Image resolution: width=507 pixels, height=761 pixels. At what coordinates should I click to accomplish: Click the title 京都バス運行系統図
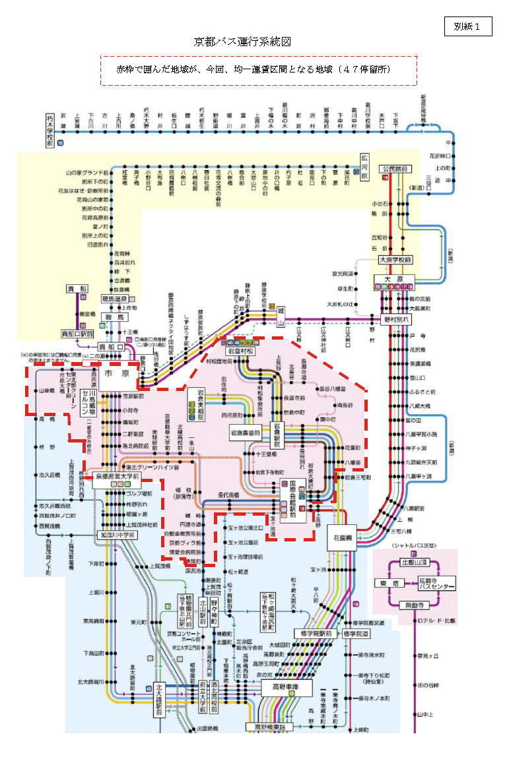click(x=242, y=42)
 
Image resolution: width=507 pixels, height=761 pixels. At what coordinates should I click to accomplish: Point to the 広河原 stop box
click(x=364, y=167)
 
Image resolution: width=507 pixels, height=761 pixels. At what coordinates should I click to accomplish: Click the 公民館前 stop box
click(x=395, y=169)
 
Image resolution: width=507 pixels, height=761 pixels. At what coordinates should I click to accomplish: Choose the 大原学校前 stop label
click(x=395, y=260)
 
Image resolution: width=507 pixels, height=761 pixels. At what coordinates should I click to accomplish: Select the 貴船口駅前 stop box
click(x=79, y=334)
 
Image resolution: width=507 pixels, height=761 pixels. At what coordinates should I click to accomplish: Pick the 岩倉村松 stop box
click(x=240, y=351)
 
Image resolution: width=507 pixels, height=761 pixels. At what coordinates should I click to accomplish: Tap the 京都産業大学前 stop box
click(x=118, y=475)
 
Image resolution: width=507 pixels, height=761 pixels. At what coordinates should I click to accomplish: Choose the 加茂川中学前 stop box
click(x=118, y=535)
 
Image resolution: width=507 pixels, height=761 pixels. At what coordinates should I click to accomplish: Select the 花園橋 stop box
click(x=342, y=537)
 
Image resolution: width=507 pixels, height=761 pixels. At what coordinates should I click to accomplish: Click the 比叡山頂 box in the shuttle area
click(x=416, y=563)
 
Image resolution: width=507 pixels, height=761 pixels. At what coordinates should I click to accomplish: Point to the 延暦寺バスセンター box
click(x=436, y=583)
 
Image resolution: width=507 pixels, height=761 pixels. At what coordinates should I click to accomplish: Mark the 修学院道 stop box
click(x=356, y=634)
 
